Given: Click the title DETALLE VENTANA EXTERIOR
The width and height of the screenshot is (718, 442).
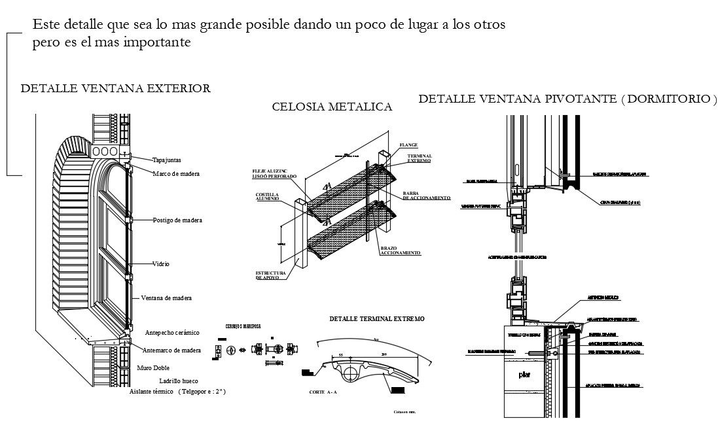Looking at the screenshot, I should tap(116, 88).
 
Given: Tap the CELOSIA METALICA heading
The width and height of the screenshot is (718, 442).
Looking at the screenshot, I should tap(332, 107).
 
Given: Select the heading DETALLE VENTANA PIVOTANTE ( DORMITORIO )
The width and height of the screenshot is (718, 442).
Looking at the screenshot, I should tap(567, 99).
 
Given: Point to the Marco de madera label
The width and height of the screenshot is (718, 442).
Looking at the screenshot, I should tap(176, 173).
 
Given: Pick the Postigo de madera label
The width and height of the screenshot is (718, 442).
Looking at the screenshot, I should tap(177, 220).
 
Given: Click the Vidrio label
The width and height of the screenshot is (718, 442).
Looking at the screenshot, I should tap(161, 264).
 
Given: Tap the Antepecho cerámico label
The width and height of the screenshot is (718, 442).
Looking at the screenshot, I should tap(171, 333).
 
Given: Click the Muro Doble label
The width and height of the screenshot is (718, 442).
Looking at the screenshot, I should tap(154, 368).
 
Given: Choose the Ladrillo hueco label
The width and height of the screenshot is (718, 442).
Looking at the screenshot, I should tap(178, 381).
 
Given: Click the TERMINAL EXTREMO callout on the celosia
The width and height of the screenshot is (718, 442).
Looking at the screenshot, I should tap(419, 158).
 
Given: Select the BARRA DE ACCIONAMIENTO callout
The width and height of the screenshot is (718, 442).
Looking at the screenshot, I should tap(426, 195).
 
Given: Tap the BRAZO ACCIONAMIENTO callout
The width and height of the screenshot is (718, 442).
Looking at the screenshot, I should tap(400, 250).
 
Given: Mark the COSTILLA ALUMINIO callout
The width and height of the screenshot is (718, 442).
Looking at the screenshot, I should tap(267, 197).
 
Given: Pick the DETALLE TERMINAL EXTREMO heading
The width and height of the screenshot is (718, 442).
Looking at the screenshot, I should tap(376, 318).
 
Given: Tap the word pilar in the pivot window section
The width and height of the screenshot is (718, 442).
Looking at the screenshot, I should tap(524, 375).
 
